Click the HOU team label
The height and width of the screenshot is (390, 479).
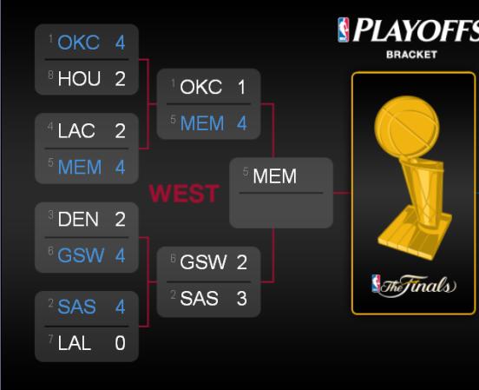coord(79,79)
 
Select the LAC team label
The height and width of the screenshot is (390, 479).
coord(76,131)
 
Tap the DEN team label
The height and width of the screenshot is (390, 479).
coord(78,219)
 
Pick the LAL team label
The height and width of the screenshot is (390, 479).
coord(75,343)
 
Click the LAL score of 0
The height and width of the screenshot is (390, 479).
coord(120,343)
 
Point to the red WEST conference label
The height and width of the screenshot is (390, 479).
coord(184,194)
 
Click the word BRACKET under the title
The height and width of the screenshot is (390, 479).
coord(411,55)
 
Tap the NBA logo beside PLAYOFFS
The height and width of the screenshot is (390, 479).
coord(343,30)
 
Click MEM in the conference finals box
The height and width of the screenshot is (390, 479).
coord(274,176)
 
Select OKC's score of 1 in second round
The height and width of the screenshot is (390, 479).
coord(241,87)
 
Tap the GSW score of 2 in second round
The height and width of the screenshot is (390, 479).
coord(241,262)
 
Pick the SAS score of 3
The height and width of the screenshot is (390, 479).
coord(241,298)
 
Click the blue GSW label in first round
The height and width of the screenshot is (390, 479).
coord(81,255)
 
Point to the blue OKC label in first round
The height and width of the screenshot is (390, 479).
coord(78,43)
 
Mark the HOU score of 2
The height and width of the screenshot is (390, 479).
coord(120,79)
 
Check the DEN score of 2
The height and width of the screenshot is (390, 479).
coord(120,219)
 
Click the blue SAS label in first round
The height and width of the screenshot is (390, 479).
coord(76,307)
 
